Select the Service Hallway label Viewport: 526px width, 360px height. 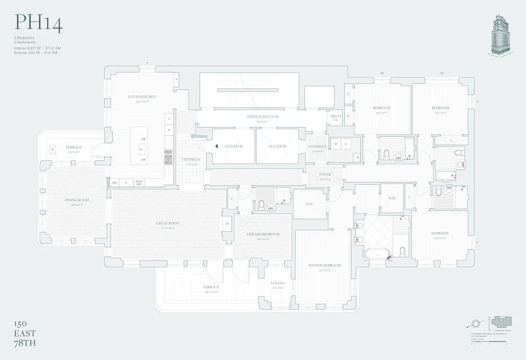click(x=262, y=117)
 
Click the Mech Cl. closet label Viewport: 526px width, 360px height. click(x=336, y=118)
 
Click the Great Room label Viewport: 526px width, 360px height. click(x=167, y=223)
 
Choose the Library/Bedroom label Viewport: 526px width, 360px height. click(x=263, y=234)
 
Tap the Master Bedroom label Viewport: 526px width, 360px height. click(x=324, y=265)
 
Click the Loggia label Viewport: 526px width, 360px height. click(x=278, y=283)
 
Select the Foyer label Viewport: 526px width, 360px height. click(x=324, y=174)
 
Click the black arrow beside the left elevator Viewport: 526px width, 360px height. click(x=216, y=146)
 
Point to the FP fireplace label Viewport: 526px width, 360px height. click(x=227, y=224)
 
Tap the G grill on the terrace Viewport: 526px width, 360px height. click(x=53, y=149)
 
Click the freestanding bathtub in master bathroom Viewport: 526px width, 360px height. click(x=376, y=254)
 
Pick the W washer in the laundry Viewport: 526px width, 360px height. click(x=336, y=144)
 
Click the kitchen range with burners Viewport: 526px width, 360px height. click(x=168, y=157)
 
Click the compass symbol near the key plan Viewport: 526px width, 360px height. click(x=476, y=323)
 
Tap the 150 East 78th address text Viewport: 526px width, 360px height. click(x=25, y=333)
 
